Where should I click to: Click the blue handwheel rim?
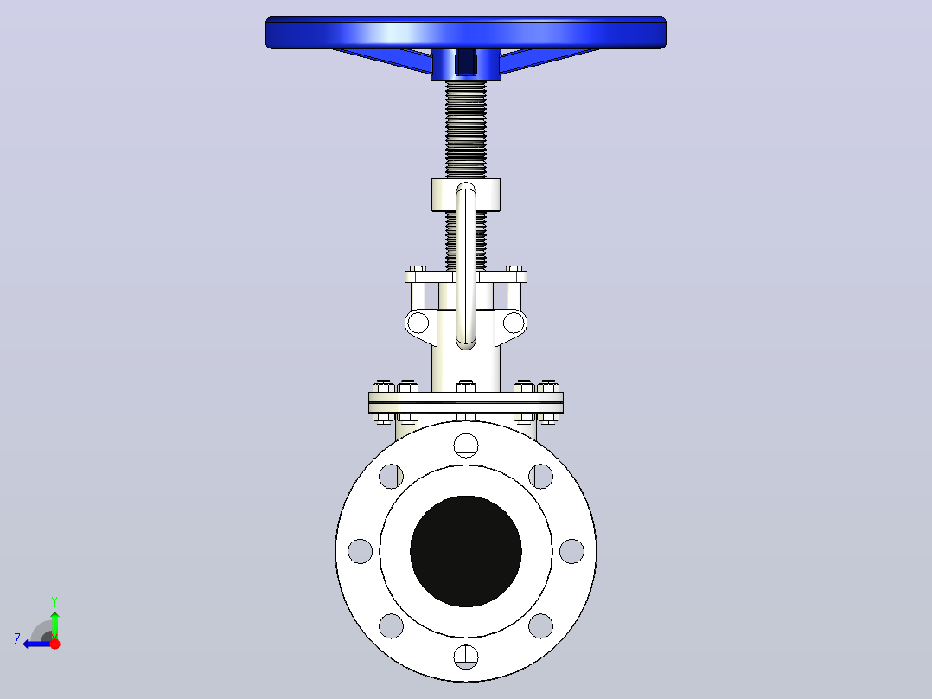[x=465, y=33]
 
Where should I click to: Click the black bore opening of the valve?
[x=466, y=551]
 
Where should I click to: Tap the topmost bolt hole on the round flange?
[x=466, y=445]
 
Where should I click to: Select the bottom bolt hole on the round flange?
[x=466, y=657]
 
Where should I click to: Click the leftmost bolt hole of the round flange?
[x=361, y=551]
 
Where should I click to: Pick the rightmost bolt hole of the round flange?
[x=571, y=551]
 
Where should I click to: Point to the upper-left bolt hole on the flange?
[x=391, y=476]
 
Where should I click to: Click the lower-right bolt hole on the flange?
[x=541, y=625]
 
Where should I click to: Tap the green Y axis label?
[x=54, y=601]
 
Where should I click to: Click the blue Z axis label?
[x=17, y=639]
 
